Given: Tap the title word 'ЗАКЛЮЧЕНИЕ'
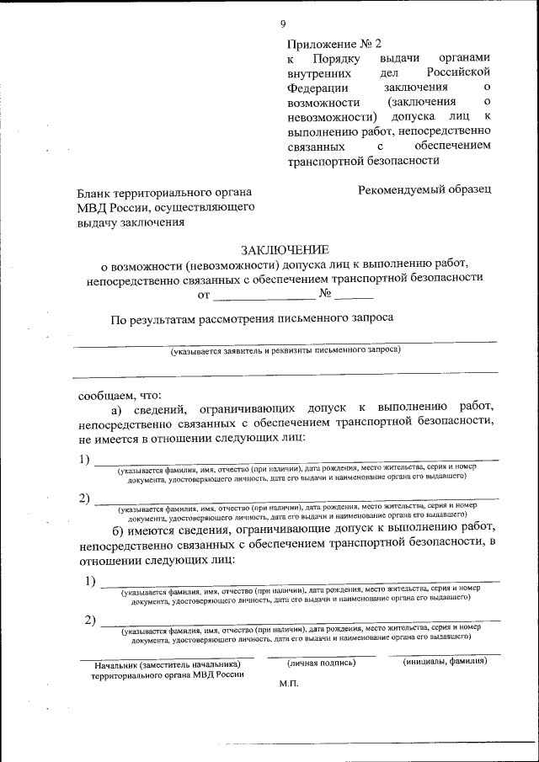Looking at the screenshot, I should click(x=283, y=249).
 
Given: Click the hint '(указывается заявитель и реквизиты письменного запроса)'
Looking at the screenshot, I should click(x=285, y=349).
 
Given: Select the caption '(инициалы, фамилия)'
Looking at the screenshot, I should click(x=445, y=661).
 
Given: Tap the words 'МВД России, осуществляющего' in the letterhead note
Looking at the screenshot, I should click(x=166, y=207).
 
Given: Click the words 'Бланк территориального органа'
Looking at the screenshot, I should click(x=165, y=192).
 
